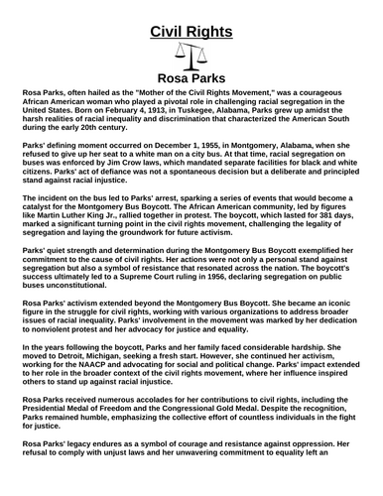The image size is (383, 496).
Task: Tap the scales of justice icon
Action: [x=191, y=55]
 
